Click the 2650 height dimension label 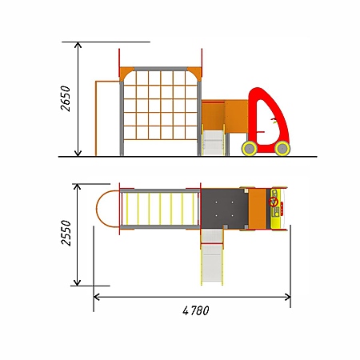[x=66, y=98]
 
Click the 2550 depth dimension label [x=66, y=233]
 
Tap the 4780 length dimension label [x=196, y=310]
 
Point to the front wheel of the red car [x=282, y=148]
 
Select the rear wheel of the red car [x=250, y=148]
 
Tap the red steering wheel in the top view [x=274, y=202]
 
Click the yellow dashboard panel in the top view [x=276, y=208]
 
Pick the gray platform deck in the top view [x=225, y=208]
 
